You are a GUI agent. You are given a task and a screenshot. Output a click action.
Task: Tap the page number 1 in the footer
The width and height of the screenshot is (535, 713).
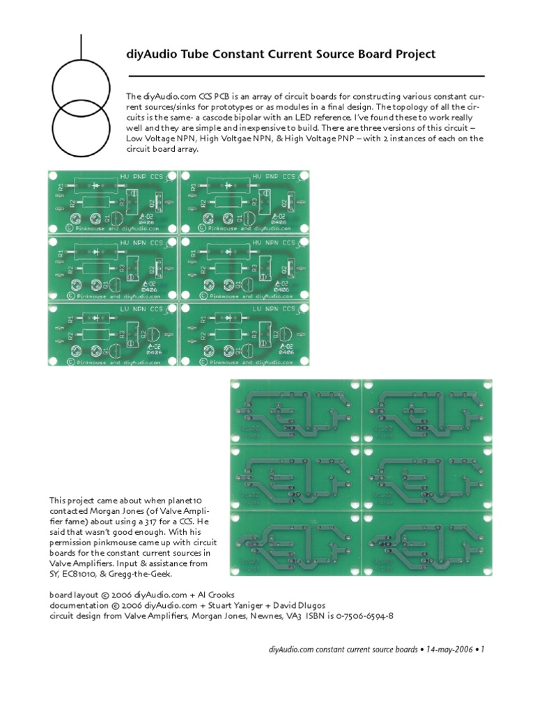(x=482, y=649)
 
